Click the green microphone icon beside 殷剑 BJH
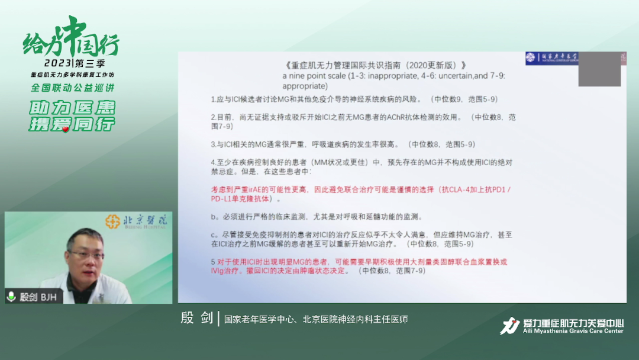coord(11,297)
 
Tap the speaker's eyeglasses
coord(83,255)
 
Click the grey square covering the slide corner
coord(599,69)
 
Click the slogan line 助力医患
coord(72,108)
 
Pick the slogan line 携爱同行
coord(72,124)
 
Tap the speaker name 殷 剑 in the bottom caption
coord(196,319)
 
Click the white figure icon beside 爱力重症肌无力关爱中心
coord(509,326)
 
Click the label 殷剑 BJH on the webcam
coord(38,297)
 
